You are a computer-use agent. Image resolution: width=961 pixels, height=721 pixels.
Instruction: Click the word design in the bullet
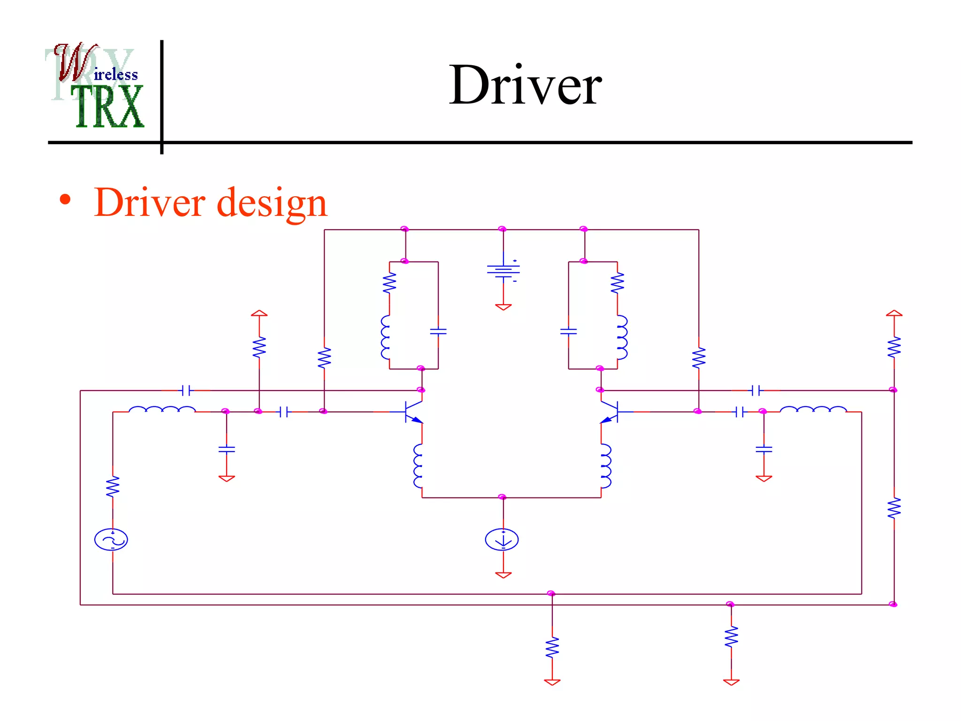[x=272, y=203]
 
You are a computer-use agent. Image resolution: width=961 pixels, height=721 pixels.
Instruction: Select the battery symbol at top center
[x=503, y=271]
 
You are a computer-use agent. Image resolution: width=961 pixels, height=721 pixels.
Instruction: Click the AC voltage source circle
[x=111, y=539]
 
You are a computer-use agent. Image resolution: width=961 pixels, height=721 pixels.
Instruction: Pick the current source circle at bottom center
[x=502, y=539]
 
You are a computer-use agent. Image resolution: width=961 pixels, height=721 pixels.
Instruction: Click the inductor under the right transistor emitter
[x=606, y=466]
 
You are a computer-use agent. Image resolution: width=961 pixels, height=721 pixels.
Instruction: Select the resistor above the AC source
[x=113, y=487]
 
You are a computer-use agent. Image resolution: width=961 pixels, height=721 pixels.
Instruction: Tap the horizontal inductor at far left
[x=162, y=410]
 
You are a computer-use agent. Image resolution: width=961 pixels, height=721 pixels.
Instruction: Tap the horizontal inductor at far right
[x=813, y=410]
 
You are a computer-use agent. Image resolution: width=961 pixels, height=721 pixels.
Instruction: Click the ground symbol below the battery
[x=503, y=307]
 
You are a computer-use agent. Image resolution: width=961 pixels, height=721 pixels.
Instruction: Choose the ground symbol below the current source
[x=503, y=575]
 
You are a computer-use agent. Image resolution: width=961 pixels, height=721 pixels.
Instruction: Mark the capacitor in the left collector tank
[x=438, y=331]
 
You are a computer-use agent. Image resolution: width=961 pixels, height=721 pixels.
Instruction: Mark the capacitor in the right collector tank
[x=568, y=331]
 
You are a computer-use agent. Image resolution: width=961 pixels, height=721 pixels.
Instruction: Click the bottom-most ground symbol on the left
[x=552, y=682]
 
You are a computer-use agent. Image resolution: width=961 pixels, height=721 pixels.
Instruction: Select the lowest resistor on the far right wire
[x=894, y=508]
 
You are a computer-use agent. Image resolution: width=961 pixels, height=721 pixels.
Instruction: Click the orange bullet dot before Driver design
[x=65, y=200]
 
